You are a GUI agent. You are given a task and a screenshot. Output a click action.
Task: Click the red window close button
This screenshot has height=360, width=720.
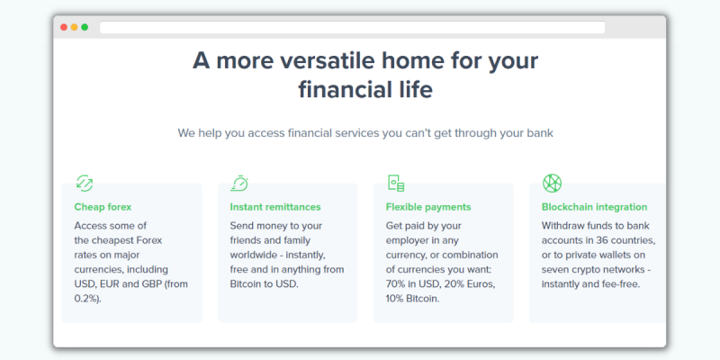pos(64,27)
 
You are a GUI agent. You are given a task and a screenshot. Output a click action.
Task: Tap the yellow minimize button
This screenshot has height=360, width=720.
pos(75,27)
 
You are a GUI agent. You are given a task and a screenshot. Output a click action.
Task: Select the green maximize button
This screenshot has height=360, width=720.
pos(85,27)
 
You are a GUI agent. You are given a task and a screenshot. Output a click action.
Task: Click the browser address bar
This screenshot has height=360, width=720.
pos(352,28)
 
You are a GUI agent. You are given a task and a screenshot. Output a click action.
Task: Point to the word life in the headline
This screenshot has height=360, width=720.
pos(414,89)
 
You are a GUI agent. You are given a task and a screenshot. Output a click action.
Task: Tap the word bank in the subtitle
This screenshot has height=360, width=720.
pos(539,133)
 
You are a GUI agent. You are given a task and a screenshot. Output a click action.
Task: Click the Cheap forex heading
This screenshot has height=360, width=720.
pos(103,207)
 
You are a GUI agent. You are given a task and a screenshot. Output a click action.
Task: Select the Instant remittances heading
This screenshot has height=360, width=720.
pos(275,207)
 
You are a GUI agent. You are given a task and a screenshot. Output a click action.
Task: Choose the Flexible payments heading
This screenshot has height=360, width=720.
pos(428,207)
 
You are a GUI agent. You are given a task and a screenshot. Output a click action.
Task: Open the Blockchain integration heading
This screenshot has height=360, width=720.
pos(595,207)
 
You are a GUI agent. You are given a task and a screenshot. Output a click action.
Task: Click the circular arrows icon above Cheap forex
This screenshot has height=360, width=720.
pos(85,183)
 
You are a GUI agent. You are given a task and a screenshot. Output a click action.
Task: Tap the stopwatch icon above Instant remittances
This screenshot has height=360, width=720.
pos(239,183)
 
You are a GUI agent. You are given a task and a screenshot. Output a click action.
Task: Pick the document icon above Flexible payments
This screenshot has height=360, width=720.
pos(396,183)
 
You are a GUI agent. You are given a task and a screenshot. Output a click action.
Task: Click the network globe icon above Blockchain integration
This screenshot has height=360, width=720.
pos(552,183)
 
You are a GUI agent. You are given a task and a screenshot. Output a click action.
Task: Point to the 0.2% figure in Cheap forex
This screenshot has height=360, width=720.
pos(85,299)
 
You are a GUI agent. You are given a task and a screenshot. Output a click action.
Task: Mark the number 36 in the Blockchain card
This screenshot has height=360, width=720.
pos(602,240)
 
